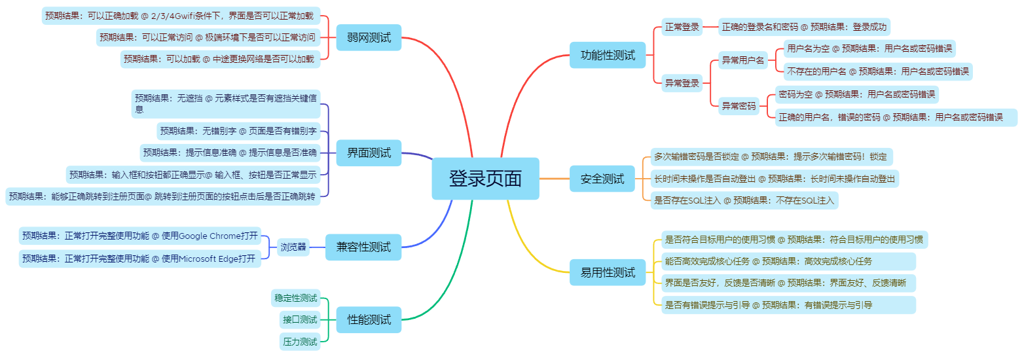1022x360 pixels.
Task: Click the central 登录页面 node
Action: (485, 179)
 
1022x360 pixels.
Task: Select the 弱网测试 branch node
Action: (369, 38)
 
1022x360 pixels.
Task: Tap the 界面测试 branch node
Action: (369, 153)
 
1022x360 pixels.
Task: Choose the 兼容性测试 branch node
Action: (363, 247)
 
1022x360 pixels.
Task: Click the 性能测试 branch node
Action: (369, 320)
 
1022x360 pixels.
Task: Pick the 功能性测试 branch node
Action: (608, 55)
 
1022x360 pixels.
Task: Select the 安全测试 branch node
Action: (602, 179)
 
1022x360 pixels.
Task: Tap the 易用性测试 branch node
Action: (608, 272)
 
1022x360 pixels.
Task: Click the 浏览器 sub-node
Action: (293, 247)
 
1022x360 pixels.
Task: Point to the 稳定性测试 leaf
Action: (295, 298)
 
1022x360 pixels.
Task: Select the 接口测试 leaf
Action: (300, 320)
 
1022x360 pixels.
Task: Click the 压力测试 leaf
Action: (300, 341)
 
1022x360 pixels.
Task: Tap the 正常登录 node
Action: (682, 27)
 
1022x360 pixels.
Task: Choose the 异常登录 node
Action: (682, 83)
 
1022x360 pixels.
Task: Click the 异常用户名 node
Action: (743, 61)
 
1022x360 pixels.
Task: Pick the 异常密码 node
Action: (739, 105)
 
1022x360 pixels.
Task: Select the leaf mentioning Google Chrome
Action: (139, 236)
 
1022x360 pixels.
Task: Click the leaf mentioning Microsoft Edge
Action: (139, 259)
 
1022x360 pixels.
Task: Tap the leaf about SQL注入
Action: (744, 200)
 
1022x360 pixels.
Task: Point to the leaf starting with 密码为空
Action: (856, 94)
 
